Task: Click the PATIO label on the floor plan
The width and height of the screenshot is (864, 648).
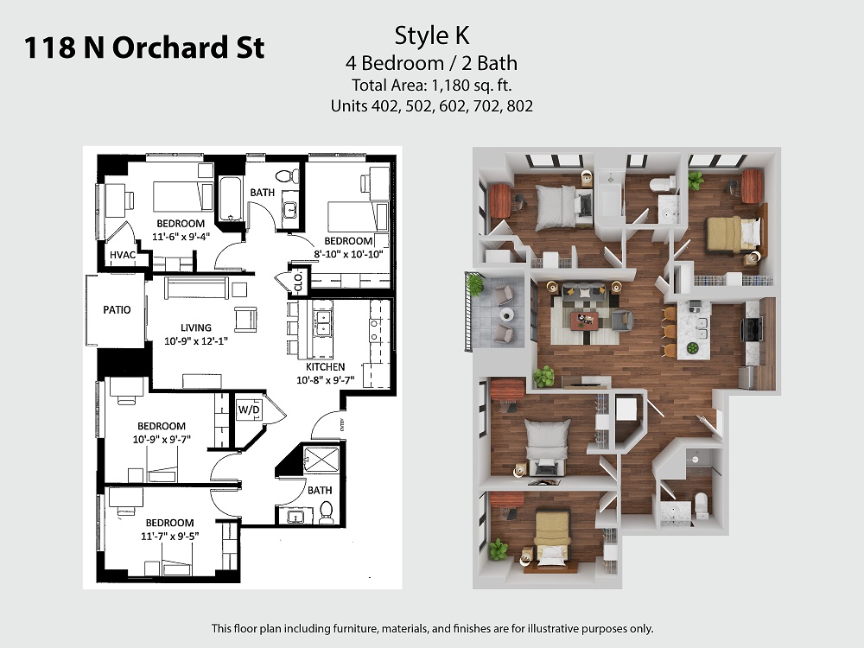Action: (x=117, y=309)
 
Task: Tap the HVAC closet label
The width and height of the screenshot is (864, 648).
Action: (x=123, y=255)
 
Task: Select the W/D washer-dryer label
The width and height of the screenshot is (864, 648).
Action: (x=249, y=410)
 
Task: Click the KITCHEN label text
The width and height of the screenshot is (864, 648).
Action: (x=326, y=366)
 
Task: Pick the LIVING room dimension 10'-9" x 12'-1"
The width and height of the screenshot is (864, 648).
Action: (x=195, y=341)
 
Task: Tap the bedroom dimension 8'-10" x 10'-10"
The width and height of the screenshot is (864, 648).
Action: (x=348, y=254)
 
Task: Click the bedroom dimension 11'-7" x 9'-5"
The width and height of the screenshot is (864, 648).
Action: (x=169, y=536)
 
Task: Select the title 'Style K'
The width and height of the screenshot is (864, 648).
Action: (x=432, y=35)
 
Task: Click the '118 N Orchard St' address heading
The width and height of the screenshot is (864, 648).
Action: (x=144, y=47)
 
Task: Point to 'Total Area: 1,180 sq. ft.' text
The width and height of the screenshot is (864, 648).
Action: (x=432, y=86)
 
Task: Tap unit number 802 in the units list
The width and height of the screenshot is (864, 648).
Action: (x=519, y=105)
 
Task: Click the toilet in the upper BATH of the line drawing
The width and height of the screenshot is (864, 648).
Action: (x=287, y=175)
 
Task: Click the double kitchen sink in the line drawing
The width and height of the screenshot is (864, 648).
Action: (x=322, y=323)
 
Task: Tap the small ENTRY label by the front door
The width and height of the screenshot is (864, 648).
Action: (x=343, y=425)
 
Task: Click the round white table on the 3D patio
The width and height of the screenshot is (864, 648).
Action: (x=507, y=314)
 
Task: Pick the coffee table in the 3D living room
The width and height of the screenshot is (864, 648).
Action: (x=584, y=320)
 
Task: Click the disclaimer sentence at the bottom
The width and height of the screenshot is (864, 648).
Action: (x=433, y=628)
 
